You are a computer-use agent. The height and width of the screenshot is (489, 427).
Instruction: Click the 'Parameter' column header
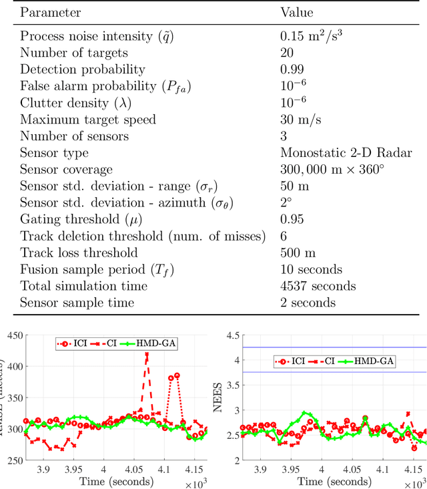click(x=51, y=13)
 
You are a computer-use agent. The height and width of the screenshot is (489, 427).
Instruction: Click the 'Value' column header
click(x=296, y=13)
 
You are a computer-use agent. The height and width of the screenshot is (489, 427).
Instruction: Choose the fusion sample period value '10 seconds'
click(x=312, y=270)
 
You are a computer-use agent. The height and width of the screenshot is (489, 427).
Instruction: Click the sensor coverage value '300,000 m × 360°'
click(x=332, y=170)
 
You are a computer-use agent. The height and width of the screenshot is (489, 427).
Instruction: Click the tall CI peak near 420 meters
click(x=146, y=355)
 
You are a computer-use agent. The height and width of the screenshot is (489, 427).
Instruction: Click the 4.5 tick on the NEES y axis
click(x=231, y=335)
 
